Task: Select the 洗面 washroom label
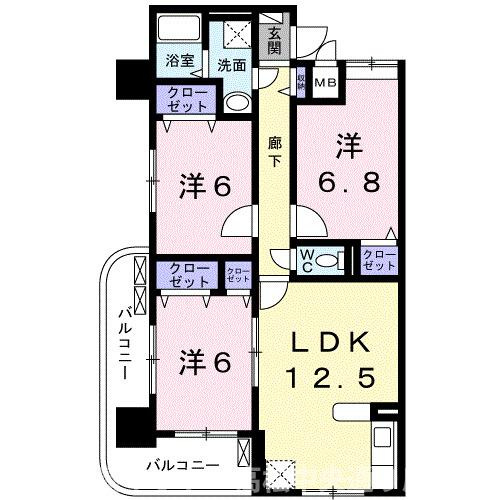[x=232, y=65]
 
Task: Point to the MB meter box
[x=327, y=83]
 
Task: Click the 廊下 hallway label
[x=275, y=151]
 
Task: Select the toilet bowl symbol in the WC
[x=334, y=262]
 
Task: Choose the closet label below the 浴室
[x=182, y=100]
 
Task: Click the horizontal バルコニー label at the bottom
[x=180, y=465]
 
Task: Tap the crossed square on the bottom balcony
[x=283, y=472]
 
